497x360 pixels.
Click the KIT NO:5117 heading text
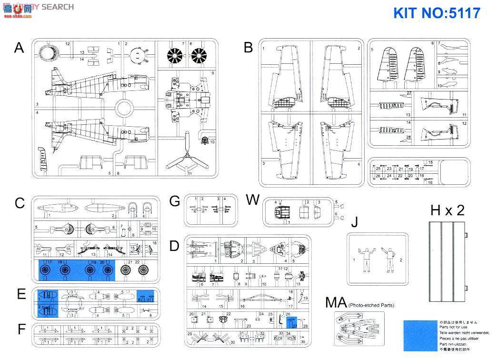(437, 12)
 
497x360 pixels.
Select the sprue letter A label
(19, 48)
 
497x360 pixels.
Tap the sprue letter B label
(248, 48)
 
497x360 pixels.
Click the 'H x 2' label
(447, 210)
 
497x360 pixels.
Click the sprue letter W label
(253, 200)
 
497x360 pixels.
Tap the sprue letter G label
(175, 201)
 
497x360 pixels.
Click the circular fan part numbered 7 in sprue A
(175, 56)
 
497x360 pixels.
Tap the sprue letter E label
(21, 294)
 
